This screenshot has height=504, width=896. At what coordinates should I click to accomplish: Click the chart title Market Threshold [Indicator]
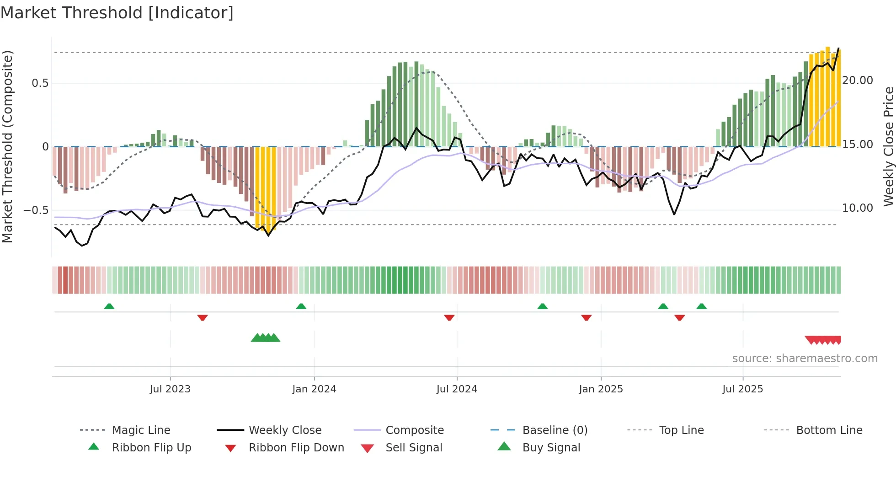tap(117, 13)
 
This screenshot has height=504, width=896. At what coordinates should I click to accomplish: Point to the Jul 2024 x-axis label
tap(457, 389)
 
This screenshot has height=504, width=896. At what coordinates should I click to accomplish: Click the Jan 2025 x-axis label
tap(601, 389)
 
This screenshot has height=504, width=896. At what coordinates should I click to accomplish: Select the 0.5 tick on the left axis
tap(40, 83)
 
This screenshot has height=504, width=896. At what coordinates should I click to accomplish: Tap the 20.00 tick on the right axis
tap(858, 80)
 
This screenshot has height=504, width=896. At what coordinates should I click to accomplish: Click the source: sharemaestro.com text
tap(805, 359)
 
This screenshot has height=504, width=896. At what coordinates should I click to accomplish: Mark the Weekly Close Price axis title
tap(888, 146)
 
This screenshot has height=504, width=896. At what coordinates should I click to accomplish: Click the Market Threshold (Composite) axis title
tap(7, 146)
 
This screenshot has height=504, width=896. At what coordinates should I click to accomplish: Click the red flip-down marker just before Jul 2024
tap(449, 317)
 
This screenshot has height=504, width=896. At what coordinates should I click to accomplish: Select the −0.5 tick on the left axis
tap(36, 210)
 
